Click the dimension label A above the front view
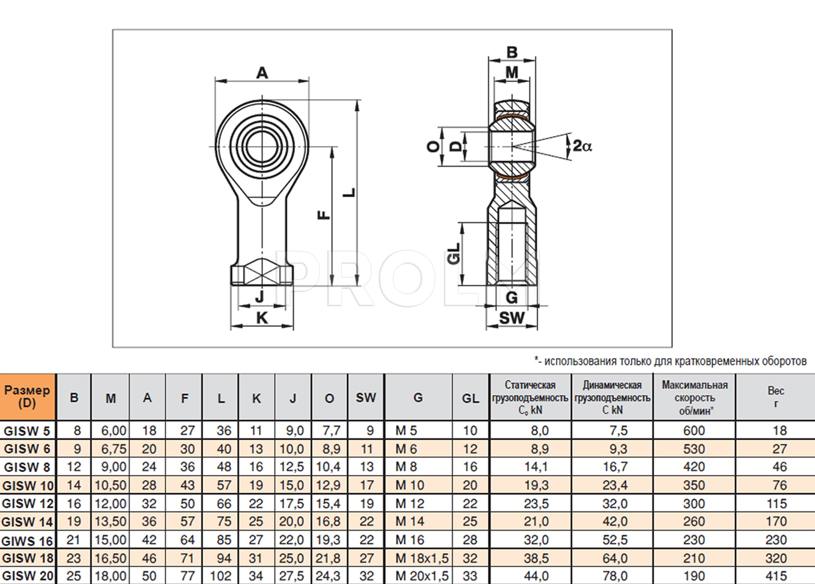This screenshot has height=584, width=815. click(262, 73)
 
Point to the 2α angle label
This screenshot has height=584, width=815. click(582, 146)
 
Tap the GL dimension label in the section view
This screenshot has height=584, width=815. click(454, 254)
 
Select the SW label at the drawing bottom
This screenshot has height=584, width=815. click(512, 318)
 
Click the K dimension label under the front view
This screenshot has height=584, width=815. click(262, 318)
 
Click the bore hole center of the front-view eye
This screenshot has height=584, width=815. click(262, 146)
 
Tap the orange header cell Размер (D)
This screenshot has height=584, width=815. click(27, 397)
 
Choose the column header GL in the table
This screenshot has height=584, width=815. click(471, 398)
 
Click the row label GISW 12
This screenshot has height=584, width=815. click(28, 504)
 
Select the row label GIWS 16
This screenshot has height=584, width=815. click(28, 541)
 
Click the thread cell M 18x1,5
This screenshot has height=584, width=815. click(422, 558)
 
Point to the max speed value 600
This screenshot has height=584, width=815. click(694, 431)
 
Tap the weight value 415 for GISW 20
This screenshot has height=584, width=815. click(776, 576)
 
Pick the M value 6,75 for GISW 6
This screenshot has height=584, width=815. click(114, 449)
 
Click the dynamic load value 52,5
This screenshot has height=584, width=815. click(615, 540)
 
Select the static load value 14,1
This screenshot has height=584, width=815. click(536, 467)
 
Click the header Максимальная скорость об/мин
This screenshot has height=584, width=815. click(694, 398)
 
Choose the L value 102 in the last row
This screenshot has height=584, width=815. click(221, 576)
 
